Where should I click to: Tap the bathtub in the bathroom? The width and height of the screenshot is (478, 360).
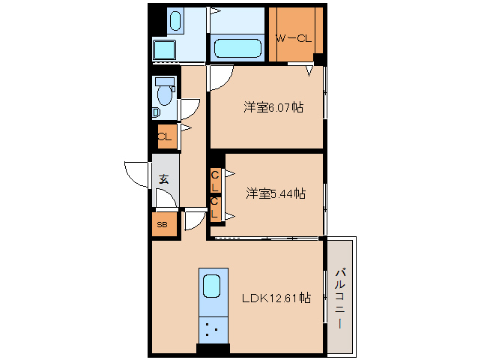click(237, 49)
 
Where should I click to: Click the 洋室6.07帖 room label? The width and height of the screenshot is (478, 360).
click(273, 107)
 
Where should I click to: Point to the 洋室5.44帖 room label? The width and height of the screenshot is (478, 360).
click(275, 193)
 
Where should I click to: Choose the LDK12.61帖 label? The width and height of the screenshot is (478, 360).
click(276, 298)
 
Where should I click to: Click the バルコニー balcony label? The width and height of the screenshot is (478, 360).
click(340, 298)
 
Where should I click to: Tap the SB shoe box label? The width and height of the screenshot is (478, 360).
click(162, 224)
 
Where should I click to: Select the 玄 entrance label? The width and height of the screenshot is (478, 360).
click(163, 179)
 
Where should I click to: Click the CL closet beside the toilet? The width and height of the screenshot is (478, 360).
click(164, 136)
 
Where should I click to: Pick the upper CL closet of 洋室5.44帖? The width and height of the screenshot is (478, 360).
click(216, 180)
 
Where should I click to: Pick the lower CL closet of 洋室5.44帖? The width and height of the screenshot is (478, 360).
click(216, 208)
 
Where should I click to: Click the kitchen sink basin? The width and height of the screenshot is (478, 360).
click(211, 286)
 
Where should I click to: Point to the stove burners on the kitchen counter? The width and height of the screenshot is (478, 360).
click(211, 328)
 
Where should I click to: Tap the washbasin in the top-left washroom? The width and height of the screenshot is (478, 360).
click(175, 21)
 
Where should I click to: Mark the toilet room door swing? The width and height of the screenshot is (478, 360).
click(189, 109)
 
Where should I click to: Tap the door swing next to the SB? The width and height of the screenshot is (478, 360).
click(195, 221)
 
